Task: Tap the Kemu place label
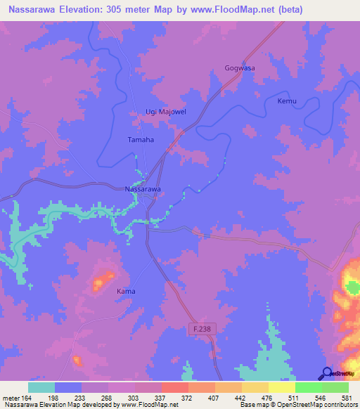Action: coord(287,101)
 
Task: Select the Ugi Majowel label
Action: coord(159,112)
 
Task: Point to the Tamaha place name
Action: coord(141,139)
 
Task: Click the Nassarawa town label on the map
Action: coord(143,190)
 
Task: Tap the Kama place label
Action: coord(126,291)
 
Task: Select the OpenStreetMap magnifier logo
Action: coord(327,373)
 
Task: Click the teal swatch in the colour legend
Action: coord(41,387)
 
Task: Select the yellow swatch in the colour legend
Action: coord(282,387)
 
